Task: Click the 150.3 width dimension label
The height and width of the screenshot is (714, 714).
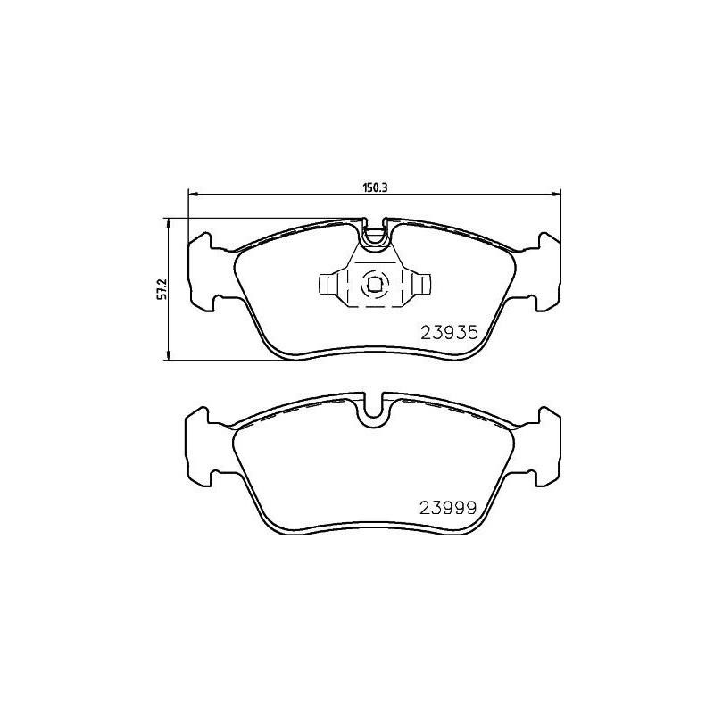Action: [x=372, y=188]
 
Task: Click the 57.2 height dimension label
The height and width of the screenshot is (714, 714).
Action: [x=162, y=290]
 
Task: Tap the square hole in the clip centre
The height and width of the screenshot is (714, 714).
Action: [x=374, y=285]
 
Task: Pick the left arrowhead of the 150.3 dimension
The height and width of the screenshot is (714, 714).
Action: [x=192, y=195]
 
